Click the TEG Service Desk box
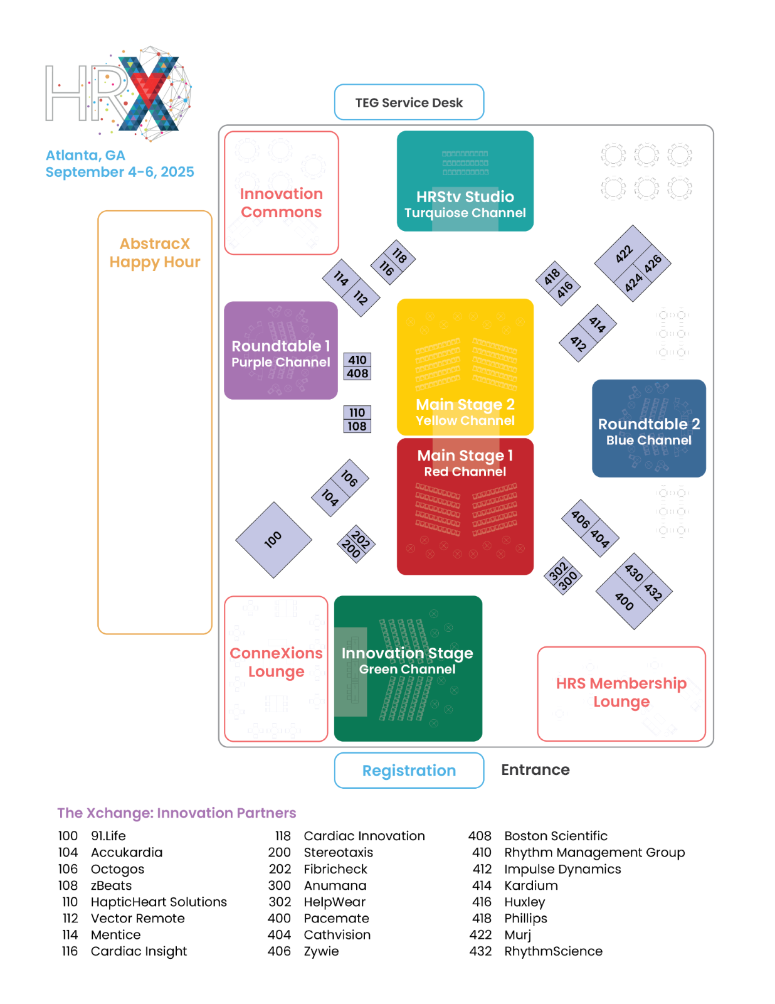pyautogui.click(x=409, y=102)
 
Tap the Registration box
pyautogui.click(x=409, y=770)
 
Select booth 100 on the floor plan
pyautogui.click(x=274, y=540)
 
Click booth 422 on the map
pyautogui.click(x=623, y=254)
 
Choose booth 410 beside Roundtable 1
pyautogui.click(x=357, y=360)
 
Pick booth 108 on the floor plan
pyautogui.click(x=357, y=426)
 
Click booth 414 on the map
pyautogui.click(x=598, y=324)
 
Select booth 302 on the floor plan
pyautogui.click(x=558, y=570)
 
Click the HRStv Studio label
pyautogui.click(x=465, y=197)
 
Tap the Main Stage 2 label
pyautogui.click(x=465, y=404)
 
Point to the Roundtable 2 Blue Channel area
pyautogui.click(x=649, y=429)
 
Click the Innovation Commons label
pyautogui.click(x=282, y=203)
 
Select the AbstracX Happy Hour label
pyautogui.click(x=155, y=252)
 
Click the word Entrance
pyautogui.click(x=535, y=770)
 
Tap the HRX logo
pyautogui.click(x=118, y=92)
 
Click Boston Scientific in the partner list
pyautogui.click(x=556, y=836)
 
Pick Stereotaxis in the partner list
pyautogui.click(x=339, y=852)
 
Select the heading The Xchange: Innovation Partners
pyautogui.click(x=177, y=813)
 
